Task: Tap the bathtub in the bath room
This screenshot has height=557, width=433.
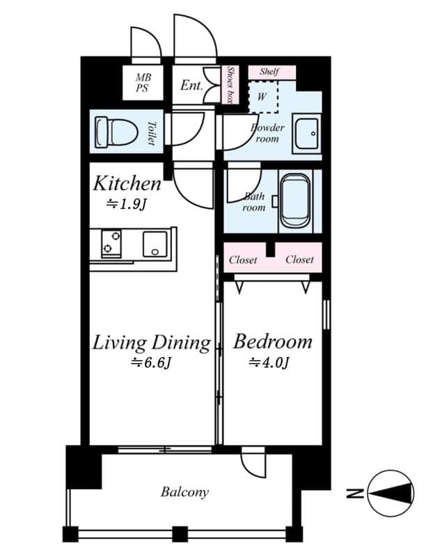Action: [295, 203]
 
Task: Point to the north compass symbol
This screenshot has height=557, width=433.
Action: [390, 494]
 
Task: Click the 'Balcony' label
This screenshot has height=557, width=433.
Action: [184, 492]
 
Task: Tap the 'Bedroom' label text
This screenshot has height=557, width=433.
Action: [272, 342]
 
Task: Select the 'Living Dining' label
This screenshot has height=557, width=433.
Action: [152, 343]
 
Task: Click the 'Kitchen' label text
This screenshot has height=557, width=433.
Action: [127, 184]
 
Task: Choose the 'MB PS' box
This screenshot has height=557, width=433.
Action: [142, 83]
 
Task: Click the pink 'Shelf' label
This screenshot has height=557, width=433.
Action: [269, 72]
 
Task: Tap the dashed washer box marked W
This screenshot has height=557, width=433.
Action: [262, 96]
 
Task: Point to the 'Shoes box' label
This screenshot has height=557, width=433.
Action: [230, 85]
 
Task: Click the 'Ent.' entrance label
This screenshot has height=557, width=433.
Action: [191, 86]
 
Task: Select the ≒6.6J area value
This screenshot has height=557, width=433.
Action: [151, 362]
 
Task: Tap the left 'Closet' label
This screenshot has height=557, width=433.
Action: [243, 260]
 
